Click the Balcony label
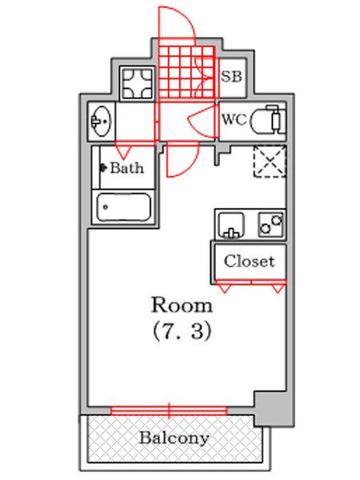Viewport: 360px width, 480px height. pyautogui.click(x=174, y=438)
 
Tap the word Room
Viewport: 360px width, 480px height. pyautogui.click(x=182, y=305)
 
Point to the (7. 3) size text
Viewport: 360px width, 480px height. pyautogui.click(x=182, y=330)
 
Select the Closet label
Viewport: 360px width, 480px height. pyautogui.click(x=249, y=261)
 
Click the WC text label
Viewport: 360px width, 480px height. pyautogui.click(x=233, y=121)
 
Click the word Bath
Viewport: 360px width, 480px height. pyautogui.click(x=126, y=168)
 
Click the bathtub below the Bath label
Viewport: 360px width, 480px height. pyautogui.click(x=124, y=210)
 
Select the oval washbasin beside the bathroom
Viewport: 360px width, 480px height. pyautogui.click(x=102, y=122)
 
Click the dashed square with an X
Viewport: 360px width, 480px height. pyautogui.click(x=269, y=161)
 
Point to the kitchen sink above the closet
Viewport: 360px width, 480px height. pyautogui.click(x=231, y=225)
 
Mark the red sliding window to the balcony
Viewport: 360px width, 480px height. pyautogui.click(x=169, y=410)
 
